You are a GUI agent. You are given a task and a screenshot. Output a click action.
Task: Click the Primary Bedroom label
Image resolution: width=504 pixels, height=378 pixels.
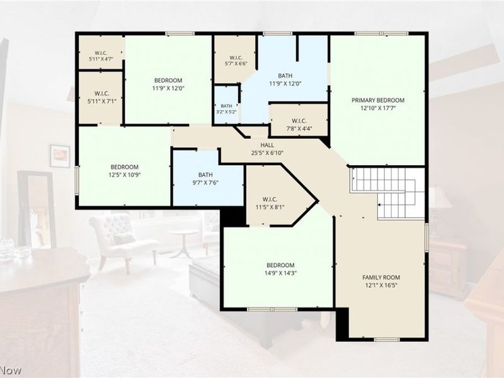pyautogui.click(x=377, y=100)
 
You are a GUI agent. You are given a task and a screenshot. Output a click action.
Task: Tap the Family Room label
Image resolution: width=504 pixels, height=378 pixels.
pyautogui.click(x=381, y=277)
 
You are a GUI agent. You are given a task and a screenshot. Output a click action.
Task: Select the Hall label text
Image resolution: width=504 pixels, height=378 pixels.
pyautogui.click(x=267, y=146)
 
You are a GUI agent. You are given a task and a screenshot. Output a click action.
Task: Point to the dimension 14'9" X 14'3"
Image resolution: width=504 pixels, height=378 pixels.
pyautogui.click(x=280, y=273)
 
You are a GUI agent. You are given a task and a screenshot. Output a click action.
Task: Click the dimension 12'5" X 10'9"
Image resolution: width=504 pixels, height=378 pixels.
pyautogui.click(x=124, y=175)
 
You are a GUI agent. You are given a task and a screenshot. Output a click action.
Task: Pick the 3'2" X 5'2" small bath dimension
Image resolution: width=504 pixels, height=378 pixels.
pyautogui.click(x=226, y=112)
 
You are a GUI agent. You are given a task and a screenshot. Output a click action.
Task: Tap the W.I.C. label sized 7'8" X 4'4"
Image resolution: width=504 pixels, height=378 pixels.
pyautogui.click(x=299, y=121)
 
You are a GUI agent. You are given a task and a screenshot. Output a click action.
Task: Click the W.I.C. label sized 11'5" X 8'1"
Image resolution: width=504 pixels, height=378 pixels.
pyautogui.click(x=270, y=199)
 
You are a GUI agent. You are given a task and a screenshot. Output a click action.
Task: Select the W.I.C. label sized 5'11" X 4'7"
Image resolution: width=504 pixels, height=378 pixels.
pyautogui.click(x=101, y=53)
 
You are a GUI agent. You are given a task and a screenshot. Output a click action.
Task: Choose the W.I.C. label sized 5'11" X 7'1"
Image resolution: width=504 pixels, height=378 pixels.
pyautogui.click(x=101, y=93)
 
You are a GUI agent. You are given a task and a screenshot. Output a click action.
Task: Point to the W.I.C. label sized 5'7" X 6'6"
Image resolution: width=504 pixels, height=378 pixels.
pyautogui.click(x=236, y=57)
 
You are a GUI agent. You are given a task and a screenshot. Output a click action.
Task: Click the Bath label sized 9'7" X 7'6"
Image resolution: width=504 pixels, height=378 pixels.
pyautogui.click(x=205, y=175)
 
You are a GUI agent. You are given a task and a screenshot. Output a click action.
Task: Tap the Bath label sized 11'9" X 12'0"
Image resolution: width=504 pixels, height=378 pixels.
pyautogui.click(x=285, y=76)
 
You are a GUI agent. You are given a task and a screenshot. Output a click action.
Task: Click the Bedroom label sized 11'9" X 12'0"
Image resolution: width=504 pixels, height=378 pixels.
pyautogui.click(x=168, y=81)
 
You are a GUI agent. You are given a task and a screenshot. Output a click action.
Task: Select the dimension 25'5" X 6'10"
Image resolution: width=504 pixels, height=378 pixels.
pyautogui.click(x=267, y=153)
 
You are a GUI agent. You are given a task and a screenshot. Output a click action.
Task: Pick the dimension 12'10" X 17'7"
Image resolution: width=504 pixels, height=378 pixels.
pyautogui.click(x=378, y=108)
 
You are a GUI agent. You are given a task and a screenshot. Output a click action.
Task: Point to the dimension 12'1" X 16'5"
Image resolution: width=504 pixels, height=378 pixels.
pyautogui.click(x=381, y=285)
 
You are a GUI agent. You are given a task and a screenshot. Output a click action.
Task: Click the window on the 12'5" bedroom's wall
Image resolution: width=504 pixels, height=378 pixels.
pyautogui.click(x=77, y=180)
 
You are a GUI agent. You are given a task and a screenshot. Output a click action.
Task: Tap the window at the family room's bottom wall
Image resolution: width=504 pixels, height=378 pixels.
pyautogui.click(x=387, y=340)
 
